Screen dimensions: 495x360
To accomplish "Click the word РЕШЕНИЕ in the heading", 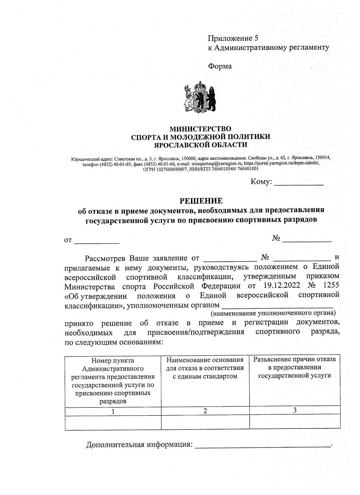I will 201,200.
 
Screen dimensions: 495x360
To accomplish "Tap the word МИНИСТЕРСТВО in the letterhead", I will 201,129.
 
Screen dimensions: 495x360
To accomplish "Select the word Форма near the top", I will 220,66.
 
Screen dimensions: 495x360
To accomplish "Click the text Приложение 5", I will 233,38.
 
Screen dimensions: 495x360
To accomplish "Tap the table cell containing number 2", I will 205,411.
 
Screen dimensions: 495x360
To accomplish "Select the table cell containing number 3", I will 295,411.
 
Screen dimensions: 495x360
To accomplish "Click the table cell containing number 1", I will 113,411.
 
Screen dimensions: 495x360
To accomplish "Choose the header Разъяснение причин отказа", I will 295,367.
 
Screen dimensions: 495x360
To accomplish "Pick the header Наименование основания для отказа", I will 205,368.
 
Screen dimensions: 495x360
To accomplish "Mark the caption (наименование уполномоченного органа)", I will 273,313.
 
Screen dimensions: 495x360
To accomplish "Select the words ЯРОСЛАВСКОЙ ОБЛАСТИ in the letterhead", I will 201,145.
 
